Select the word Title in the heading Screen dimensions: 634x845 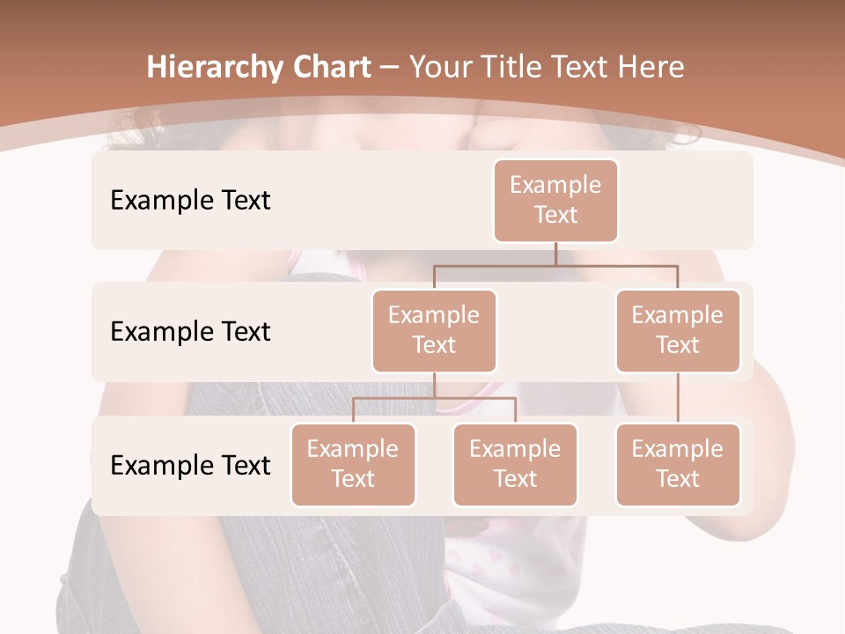click(x=495, y=68)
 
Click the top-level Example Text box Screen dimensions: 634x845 click(x=555, y=200)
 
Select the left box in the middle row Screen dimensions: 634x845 click(x=434, y=330)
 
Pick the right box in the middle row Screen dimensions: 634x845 click(x=677, y=330)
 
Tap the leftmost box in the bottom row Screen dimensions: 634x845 click(x=353, y=464)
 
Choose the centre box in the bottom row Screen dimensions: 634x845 click(x=515, y=464)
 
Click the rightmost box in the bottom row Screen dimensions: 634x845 click(x=677, y=464)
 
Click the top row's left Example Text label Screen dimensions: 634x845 click(x=190, y=201)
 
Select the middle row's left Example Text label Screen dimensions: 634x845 click(x=190, y=332)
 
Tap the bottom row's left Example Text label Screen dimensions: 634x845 click(x=190, y=465)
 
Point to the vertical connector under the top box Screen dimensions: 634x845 click(x=555, y=253)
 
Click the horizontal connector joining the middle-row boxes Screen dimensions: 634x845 click(x=555, y=264)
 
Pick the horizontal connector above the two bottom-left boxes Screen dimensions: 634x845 click(x=434, y=398)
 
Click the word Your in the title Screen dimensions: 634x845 click(x=437, y=68)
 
